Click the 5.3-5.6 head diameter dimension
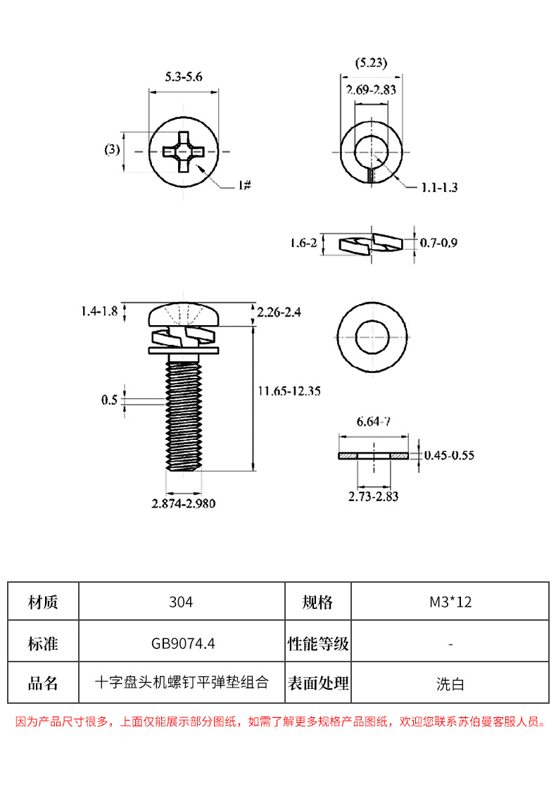tap(183, 77)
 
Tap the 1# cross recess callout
tap(244, 185)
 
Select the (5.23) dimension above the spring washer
tap(371, 63)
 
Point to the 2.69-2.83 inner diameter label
tap(371, 90)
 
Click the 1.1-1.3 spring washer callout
tap(440, 188)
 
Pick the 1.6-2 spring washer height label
tap(303, 244)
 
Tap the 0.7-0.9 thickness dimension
tap(438, 244)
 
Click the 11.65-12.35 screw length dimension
tap(289, 391)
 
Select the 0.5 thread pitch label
tap(109, 400)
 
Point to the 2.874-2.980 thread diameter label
tap(183, 504)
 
